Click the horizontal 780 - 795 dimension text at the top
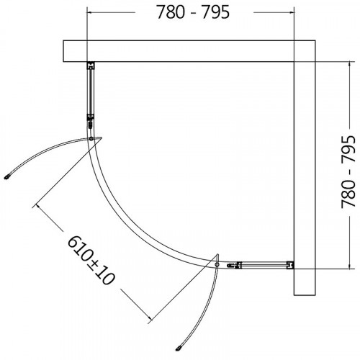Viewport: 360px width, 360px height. pyautogui.click(x=190, y=14)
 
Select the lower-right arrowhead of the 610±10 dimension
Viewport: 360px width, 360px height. pyautogui.click(x=148, y=318)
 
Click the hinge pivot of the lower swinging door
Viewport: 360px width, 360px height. pyautogui.click(x=217, y=265)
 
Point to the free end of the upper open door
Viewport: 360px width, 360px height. pyautogui.click(x=9, y=174)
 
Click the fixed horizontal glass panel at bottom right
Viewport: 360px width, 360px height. pyautogui.click(x=259, y=266)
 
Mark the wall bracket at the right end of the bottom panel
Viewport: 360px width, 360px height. pyautogui.click(x=289, y=266)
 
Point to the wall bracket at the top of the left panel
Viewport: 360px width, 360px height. pyautogui.click(x=90, y=67)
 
